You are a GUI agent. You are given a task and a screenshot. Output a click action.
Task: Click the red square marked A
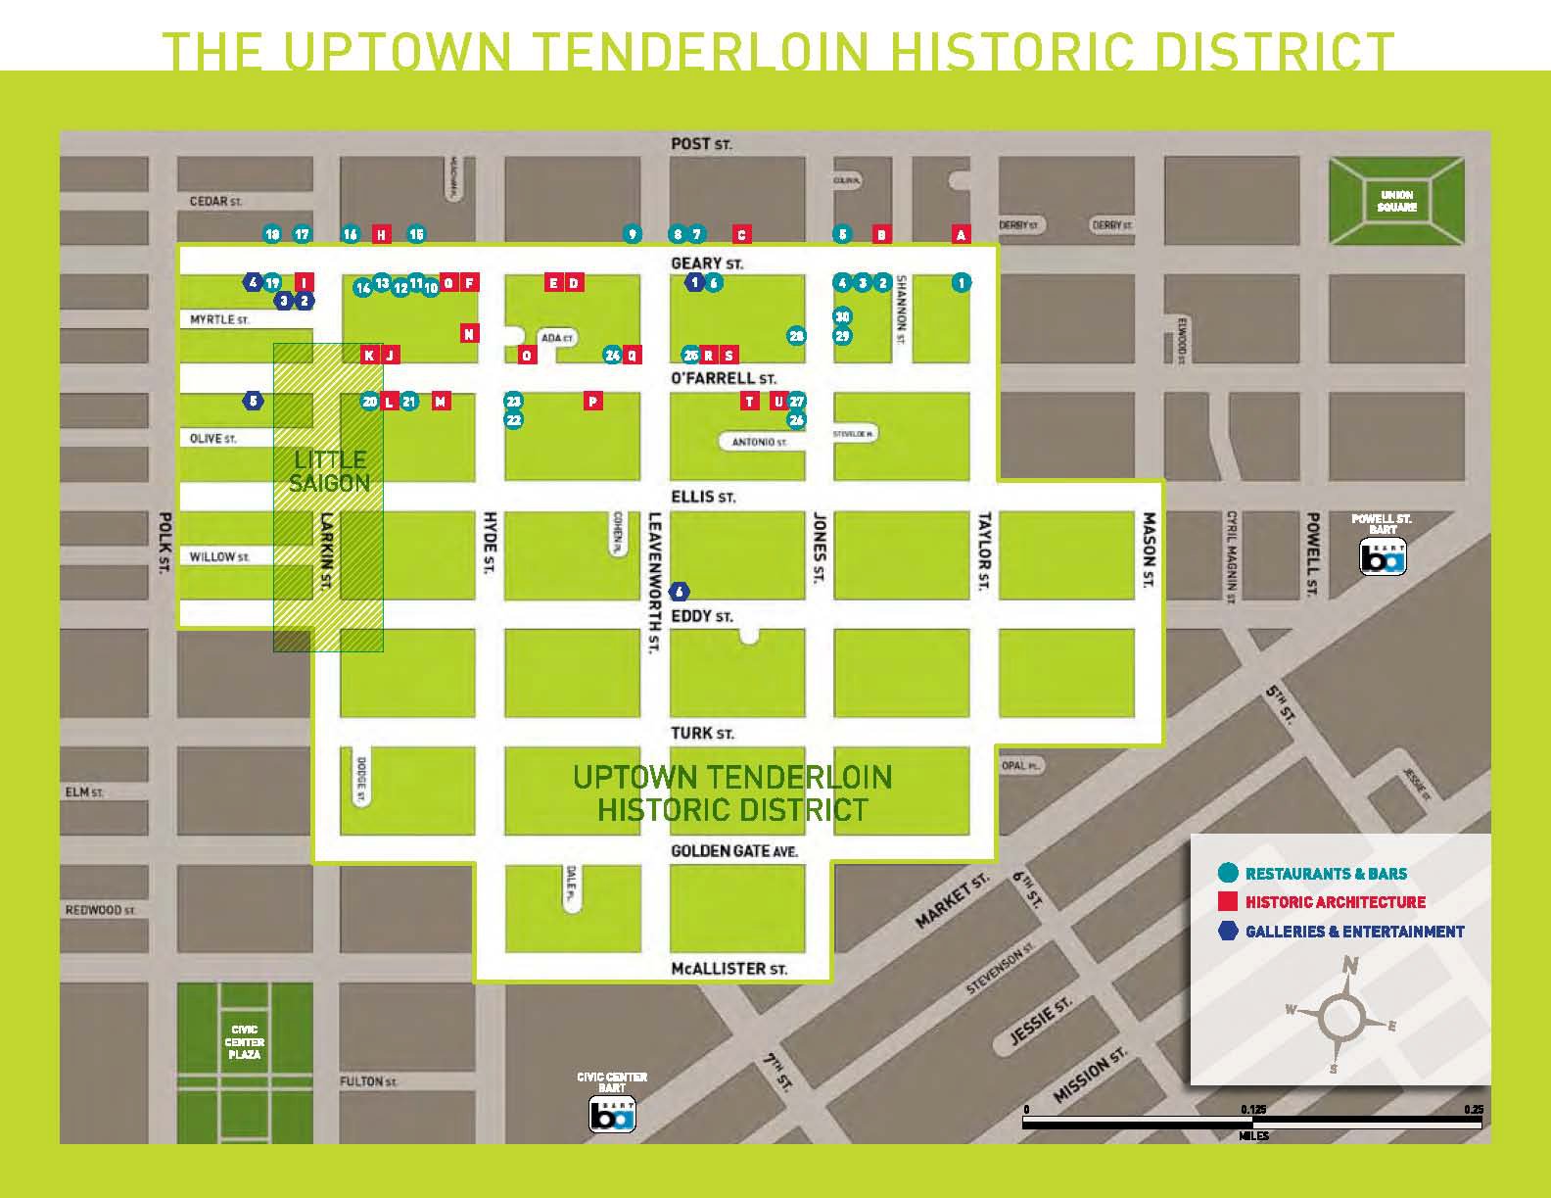click(961, 234)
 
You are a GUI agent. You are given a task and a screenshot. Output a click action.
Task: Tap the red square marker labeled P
click(592, 401)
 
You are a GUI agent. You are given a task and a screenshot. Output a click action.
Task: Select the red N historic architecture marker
click(469, 334)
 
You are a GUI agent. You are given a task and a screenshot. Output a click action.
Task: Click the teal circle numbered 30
click(842, 316)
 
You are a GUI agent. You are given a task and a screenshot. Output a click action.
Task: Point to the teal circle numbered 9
click(633, 234)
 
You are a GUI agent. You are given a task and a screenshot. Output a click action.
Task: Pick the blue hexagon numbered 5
click(253, 401)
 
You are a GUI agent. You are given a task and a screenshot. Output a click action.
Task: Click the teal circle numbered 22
click(513, 420)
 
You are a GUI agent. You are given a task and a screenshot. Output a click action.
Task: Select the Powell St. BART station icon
click(1383, 558)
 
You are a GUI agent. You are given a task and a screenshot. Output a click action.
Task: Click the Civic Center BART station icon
click(612, 1116)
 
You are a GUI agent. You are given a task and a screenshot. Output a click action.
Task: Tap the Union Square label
click(1396, 201)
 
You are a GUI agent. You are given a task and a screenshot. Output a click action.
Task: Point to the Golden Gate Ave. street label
click(734, 851)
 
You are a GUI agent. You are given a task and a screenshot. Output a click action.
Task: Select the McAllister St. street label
click(729, 969)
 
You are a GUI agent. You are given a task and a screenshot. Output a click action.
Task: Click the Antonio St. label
click(760, 443)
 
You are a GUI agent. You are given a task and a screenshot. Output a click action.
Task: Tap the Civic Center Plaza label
click(245, 1042)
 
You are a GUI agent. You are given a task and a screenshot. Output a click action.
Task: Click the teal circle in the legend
click(1227, 873)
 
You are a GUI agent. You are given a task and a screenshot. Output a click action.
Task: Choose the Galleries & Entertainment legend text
click(1354, 932)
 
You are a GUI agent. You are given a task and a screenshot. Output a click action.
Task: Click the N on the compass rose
click(1350, 966)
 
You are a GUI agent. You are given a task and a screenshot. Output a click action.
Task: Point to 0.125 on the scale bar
click(1252, 1110)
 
